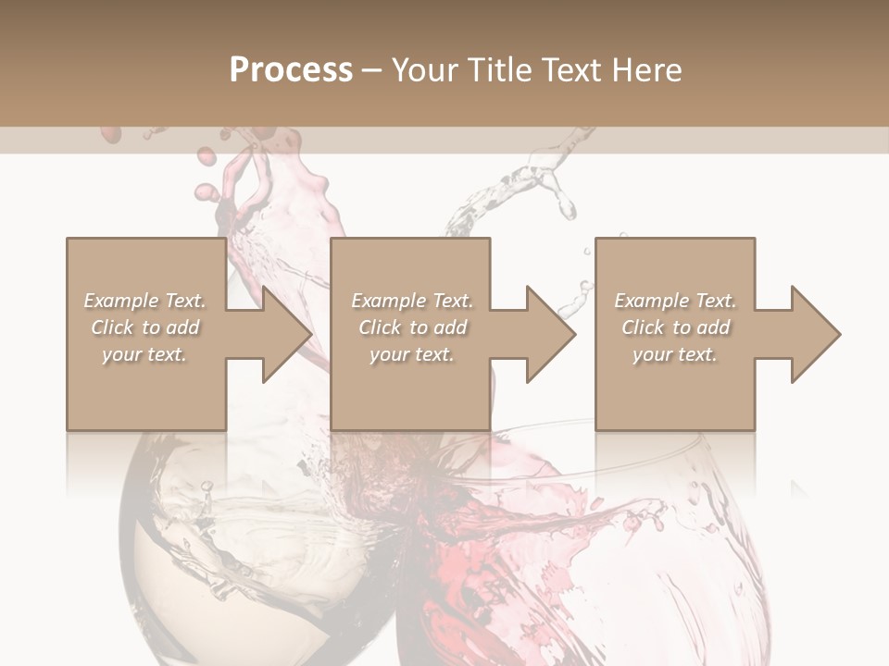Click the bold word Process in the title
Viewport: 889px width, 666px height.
[x=291, y=70]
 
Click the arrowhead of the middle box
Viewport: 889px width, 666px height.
[x=549, y=334]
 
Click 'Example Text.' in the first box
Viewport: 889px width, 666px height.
[x=144, y=301]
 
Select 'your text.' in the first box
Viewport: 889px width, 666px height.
[x=144, y=354]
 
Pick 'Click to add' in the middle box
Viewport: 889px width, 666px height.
[x=412, y=327]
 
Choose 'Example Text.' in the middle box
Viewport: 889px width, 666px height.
[x=412, y=301]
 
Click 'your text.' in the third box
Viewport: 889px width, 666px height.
[x=674, y=354]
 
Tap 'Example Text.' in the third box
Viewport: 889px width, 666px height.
[x=675, y=301]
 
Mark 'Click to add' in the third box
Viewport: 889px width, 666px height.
[x=675, y=327]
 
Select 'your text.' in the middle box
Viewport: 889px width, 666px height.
[x=411, y=354]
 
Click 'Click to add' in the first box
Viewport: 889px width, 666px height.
[x=144, y=327]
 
